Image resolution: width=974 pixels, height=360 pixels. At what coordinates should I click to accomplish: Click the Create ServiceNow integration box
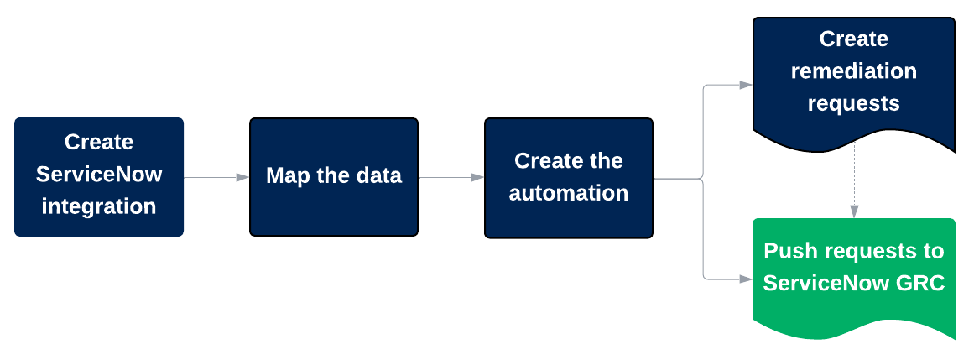point(99,177)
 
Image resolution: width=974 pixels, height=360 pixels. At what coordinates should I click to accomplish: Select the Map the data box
point(333,177)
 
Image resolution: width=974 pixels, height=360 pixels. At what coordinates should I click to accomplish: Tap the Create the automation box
point(568,177)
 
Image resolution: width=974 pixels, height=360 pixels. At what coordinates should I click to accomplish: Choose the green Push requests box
point(853,273)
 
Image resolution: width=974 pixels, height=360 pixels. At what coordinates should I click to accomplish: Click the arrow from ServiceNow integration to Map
point(216,177)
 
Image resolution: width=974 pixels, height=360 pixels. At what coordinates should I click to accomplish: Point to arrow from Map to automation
point(451,177)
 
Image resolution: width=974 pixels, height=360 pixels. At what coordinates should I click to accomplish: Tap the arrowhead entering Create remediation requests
point(745,85)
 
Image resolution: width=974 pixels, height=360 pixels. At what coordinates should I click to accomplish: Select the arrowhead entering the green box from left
point(745,278)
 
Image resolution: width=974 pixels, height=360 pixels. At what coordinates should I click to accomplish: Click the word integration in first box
point(99,206)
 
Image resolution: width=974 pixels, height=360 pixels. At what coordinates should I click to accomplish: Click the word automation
point(568,193)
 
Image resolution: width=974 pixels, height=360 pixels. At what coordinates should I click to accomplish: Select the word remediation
point(853,71)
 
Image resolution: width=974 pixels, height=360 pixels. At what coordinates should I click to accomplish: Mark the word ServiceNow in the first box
point(99,175)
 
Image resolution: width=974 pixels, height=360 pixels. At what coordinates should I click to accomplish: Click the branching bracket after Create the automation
point(702,179)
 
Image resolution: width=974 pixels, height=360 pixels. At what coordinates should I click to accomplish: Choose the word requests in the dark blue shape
point(853,103)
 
